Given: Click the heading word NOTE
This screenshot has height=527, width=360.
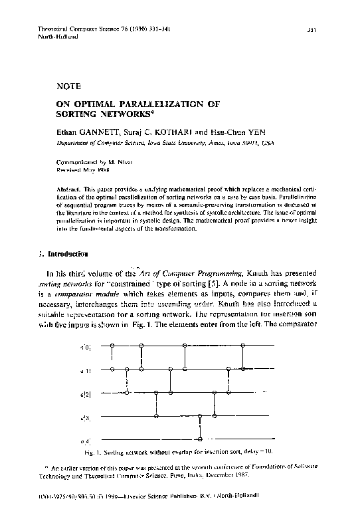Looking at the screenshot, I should [x=70, y=86].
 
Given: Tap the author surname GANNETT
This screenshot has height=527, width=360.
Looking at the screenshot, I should [x=102, y=132].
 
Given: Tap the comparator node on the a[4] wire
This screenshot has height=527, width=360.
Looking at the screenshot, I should [x=200, y=439].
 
